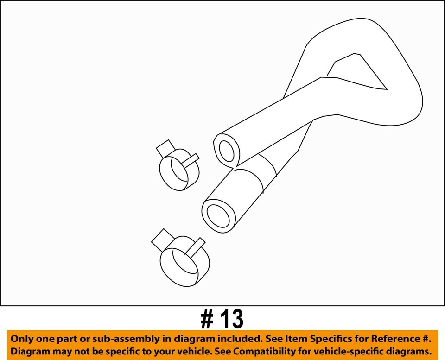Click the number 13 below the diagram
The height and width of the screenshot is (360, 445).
click(230, 319)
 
